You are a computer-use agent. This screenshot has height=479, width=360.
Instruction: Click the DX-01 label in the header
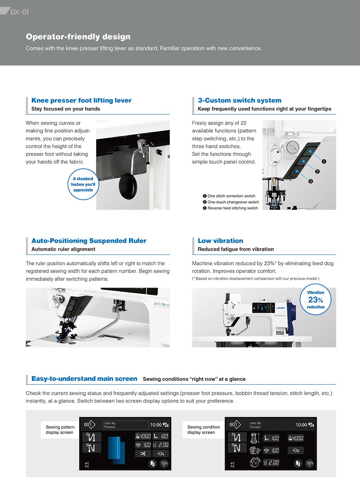point(19,12)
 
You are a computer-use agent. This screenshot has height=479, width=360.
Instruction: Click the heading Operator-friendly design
point(78,37)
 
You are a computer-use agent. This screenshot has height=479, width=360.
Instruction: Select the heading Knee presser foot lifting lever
point(81,100)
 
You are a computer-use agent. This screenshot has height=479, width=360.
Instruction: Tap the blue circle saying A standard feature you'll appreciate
point(83,184)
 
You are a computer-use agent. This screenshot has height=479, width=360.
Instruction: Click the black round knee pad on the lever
point(128,186)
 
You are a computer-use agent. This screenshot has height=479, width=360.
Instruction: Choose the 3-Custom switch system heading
point(239,100)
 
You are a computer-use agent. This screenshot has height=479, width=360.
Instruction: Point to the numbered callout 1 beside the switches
point(324,162)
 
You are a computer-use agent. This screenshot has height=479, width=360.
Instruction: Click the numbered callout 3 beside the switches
point(311,181)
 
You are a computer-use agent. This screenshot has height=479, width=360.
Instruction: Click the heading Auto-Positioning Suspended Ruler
point(89,241)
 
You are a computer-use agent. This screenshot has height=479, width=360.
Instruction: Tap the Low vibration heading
point(220,241)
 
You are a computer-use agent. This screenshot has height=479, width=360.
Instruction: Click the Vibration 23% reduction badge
point(315,300)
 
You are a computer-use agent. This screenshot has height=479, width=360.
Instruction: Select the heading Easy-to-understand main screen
point(84,379)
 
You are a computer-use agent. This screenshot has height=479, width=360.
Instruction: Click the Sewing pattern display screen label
point(60,430)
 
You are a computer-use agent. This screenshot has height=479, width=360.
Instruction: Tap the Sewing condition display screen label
point(203,430)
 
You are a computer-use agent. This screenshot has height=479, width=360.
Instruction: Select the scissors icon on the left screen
point(143,453)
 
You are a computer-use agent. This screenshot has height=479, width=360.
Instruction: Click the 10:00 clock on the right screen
point(301,425)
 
